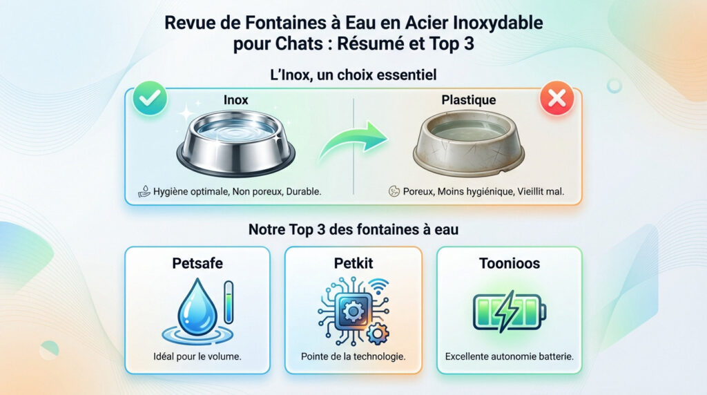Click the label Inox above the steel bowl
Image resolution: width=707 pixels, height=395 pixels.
(x=235, y=100)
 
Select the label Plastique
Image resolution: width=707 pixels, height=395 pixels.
(x=468, y=100)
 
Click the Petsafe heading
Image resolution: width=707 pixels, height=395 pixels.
(x=197, y=263)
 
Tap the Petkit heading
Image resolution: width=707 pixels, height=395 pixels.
(x=353, y=263)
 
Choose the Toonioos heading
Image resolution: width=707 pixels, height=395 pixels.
(x=509, y=263)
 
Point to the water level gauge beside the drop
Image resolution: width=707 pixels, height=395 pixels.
(x=229, y=302)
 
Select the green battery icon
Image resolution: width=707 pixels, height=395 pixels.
(x=509, y=312)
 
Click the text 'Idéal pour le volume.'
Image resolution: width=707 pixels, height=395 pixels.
(x=197, y=356)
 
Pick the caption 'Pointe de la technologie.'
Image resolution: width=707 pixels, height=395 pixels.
(x=353, y=356)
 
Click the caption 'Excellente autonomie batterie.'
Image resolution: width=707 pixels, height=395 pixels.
(x=509, y=356)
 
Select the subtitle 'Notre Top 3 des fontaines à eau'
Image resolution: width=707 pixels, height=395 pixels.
(x=353, y=229)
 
